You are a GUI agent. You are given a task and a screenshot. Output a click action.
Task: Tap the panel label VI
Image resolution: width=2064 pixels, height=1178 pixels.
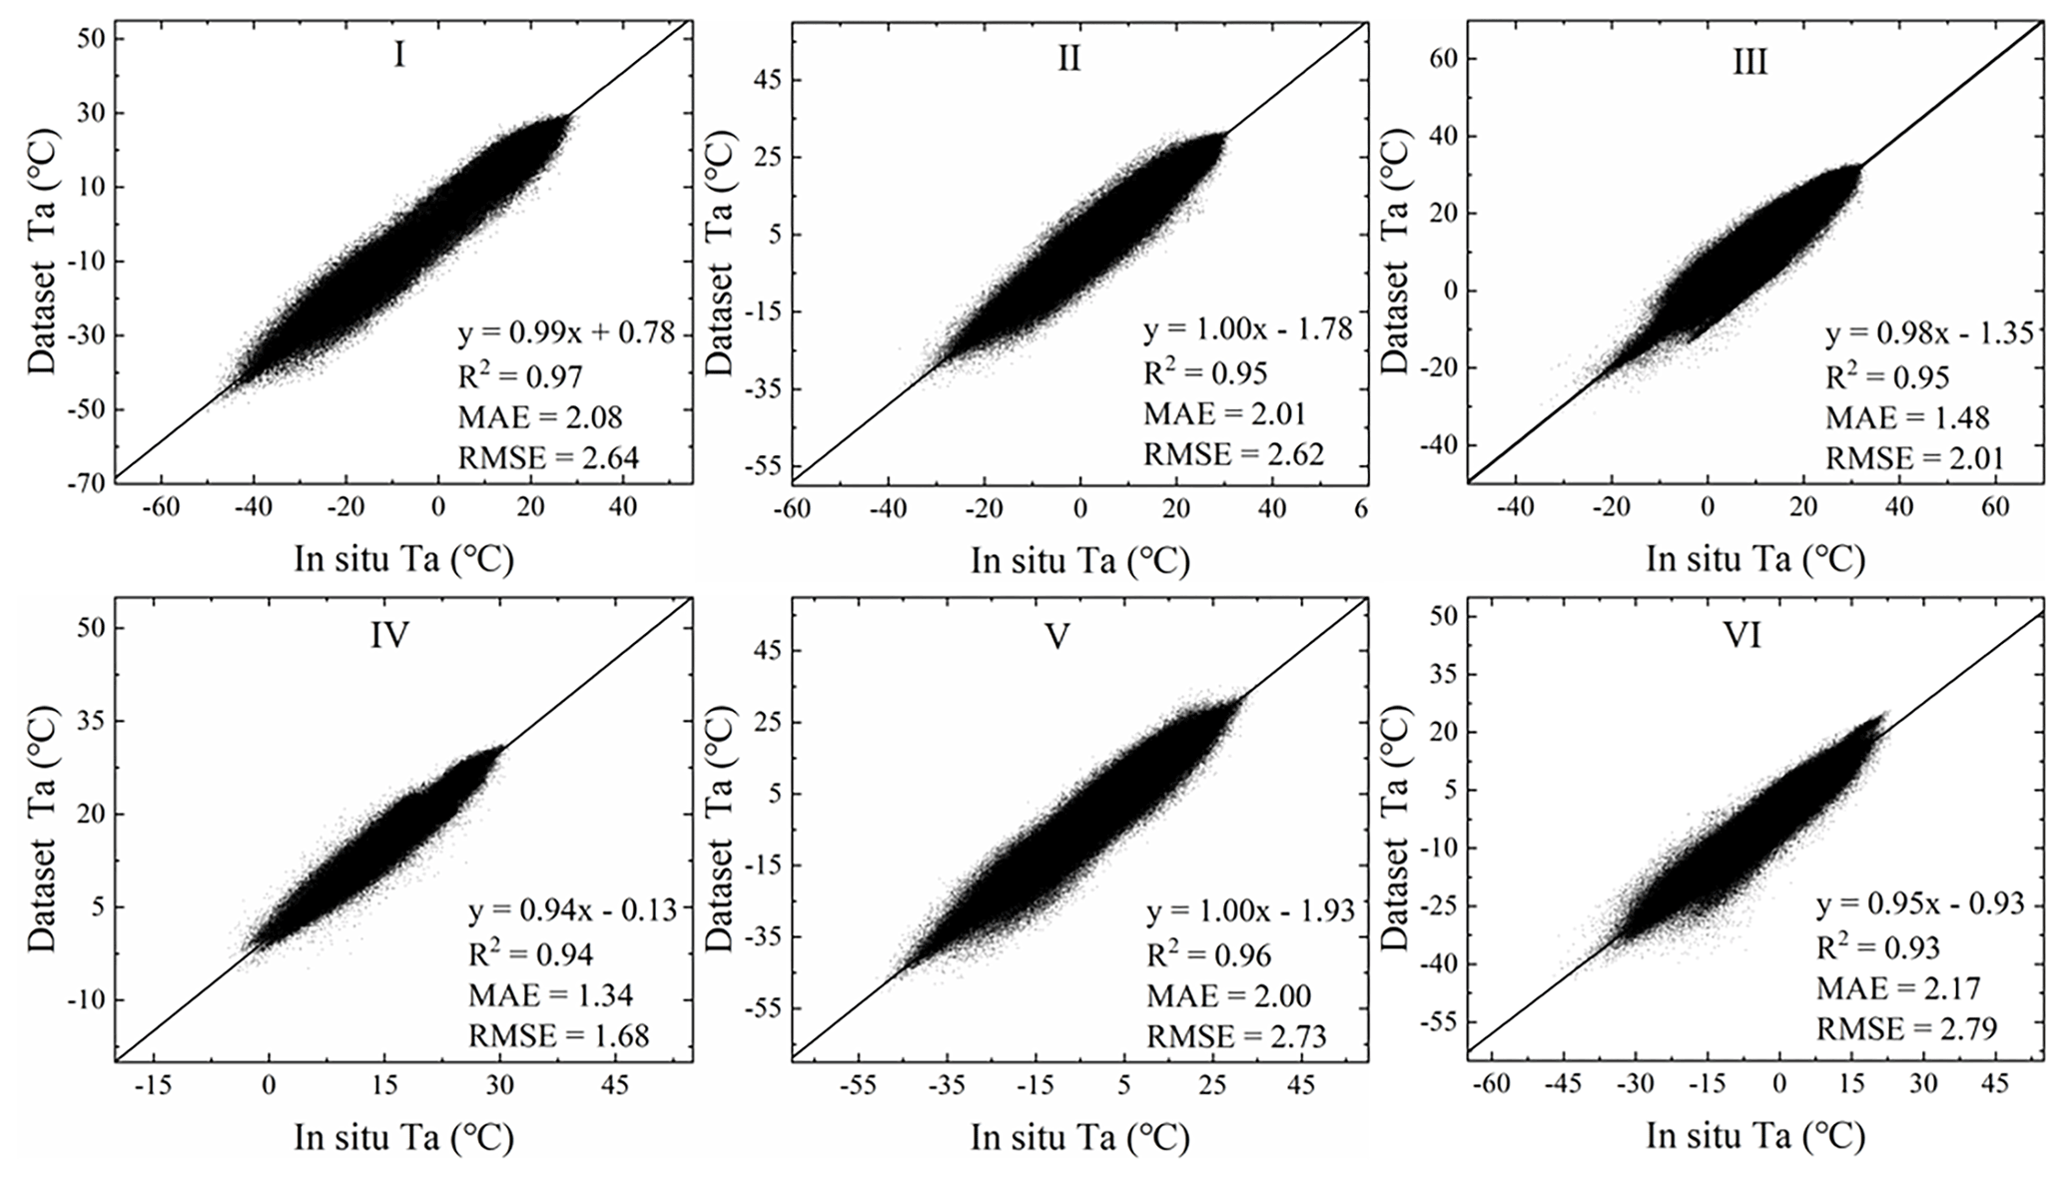(1742, 636)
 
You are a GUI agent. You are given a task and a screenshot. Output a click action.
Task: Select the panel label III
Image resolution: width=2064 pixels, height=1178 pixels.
(1749, 63)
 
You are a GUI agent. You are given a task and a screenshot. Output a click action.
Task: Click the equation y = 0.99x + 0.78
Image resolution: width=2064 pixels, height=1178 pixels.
(566, 332)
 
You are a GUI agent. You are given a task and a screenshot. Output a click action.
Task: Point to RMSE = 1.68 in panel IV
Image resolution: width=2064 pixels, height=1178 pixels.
(558, 1035)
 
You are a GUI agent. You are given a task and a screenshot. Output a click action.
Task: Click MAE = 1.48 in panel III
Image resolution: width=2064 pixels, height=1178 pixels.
(1907, 417)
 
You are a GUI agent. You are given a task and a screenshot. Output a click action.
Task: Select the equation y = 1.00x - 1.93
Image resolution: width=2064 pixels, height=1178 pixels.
(1250, 910)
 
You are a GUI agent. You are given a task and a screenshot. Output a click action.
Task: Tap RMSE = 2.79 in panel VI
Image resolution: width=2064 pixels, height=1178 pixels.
(1906, 1028)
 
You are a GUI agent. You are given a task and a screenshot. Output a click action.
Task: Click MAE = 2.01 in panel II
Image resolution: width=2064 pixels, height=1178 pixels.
(1224, 414)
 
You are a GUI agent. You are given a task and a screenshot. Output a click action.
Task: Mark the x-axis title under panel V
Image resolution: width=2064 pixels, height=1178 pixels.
(1079, 1137)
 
